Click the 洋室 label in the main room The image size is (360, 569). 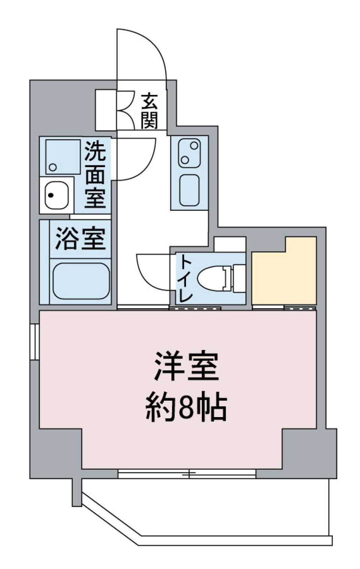(x=186, y=367)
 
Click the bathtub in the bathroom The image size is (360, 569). (x=81, y=281)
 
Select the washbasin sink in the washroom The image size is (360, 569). (x=57, y=195)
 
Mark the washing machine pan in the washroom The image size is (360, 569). (x=63, y=157)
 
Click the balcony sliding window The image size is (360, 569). (x=187, y=474)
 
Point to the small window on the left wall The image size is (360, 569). (x=34, y=341)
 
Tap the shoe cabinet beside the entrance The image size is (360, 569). (x=106, y=110)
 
